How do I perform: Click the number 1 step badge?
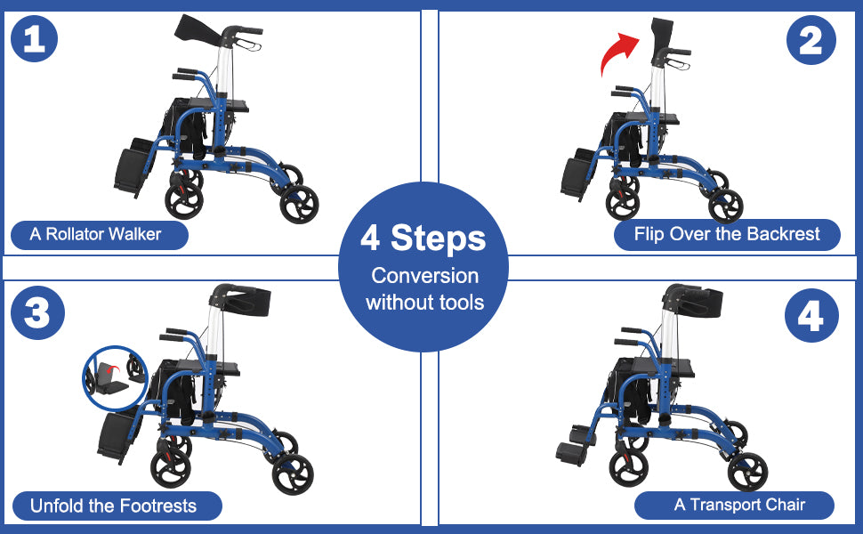click(x=35, y=41)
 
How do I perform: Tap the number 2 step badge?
click(x=811, y=41)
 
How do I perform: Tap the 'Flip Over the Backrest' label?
click(x=727, y=235)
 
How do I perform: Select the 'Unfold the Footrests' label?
click(x=113, y=506)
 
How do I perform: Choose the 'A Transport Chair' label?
click(x=738, y=506)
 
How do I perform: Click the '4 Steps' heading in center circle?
click(x=423, y=239)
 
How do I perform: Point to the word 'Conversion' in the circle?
click(x=424, y=276)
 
